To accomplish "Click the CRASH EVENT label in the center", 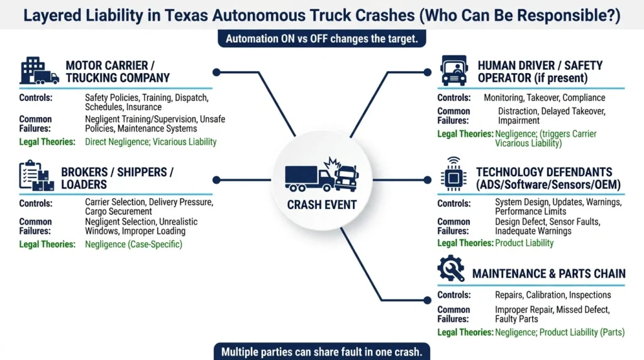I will (x=321, y=205).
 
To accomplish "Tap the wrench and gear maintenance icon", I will (x=451, y=269).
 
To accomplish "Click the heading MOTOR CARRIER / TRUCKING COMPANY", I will (x=118, y=72).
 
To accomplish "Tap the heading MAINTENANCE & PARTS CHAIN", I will (x=548, y=273).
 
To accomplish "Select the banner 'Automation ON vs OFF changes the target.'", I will (x=323, y=38).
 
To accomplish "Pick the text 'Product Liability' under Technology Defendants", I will (x=524, y=243).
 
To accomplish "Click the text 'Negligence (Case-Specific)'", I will (x=133, y=244).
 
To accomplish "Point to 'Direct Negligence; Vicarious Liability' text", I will (x=150, y=142).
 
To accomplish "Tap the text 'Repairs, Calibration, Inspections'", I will (x=553, y=295).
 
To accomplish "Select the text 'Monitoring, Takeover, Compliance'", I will (x=544, y=98).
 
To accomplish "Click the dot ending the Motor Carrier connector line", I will (x=216, y=72).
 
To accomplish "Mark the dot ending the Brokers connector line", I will (x=216, y=179).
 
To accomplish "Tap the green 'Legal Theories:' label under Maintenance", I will (x=465, y=332).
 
